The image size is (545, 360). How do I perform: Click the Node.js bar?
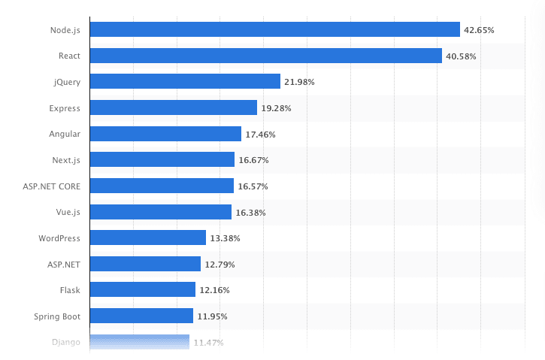274,29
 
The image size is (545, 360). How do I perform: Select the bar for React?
265,56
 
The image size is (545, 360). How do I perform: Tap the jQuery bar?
185,81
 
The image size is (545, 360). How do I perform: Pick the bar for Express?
173,107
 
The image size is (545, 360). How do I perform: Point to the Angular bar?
165,134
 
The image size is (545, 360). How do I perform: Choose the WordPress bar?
147,237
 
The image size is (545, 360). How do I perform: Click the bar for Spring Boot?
141,316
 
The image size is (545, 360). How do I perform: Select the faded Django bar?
139,342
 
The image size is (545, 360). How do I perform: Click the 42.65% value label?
479,30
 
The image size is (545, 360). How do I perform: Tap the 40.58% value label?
461,56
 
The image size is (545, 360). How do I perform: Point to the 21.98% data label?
299,82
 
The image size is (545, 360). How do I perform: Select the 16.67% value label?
253,160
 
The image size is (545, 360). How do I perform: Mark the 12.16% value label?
214,290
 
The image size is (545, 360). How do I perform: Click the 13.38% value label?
225,238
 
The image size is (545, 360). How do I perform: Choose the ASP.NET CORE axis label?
53,186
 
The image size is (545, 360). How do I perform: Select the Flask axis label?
69,290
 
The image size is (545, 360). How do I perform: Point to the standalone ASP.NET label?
63,264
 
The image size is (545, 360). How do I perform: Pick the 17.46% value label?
260,135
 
